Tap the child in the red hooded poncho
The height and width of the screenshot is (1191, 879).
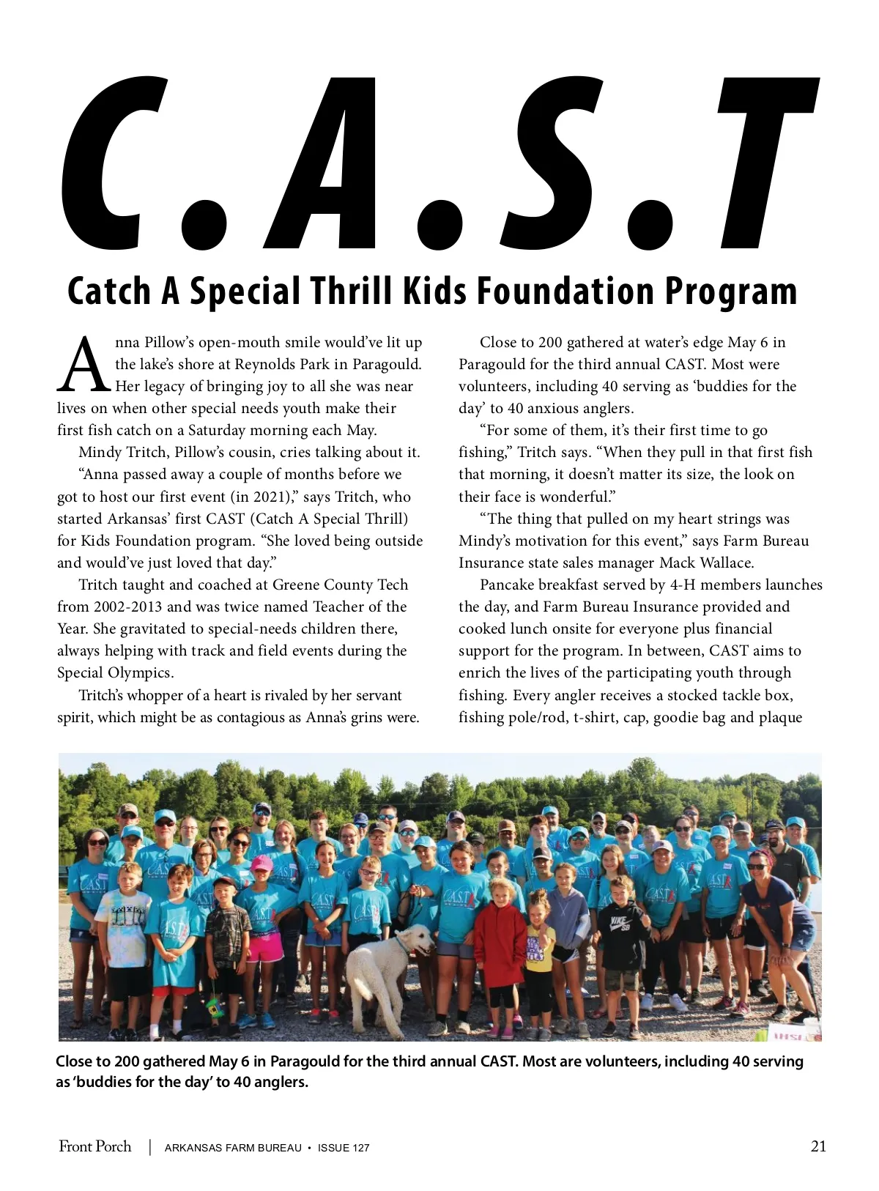pos(500,945)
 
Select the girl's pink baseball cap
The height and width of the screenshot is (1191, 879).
pos(262,864)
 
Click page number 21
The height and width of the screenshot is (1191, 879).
pos(818,1146)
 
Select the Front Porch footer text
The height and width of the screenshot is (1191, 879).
pos(95,1146)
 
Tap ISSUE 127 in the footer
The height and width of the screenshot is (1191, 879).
pos(344,1148)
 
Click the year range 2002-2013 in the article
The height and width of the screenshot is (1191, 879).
pos(128,606)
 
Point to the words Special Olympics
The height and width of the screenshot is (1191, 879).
pos(115,672)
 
